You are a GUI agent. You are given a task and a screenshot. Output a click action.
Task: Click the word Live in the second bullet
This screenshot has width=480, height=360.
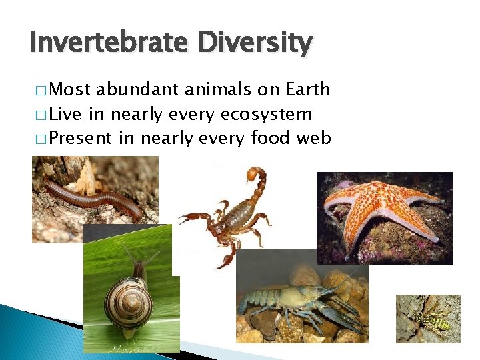pos(65,114)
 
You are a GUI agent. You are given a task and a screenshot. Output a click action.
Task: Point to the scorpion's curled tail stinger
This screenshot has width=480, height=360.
pos(253,174)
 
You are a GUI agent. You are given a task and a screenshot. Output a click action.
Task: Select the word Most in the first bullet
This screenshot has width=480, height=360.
pos(70,89)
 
